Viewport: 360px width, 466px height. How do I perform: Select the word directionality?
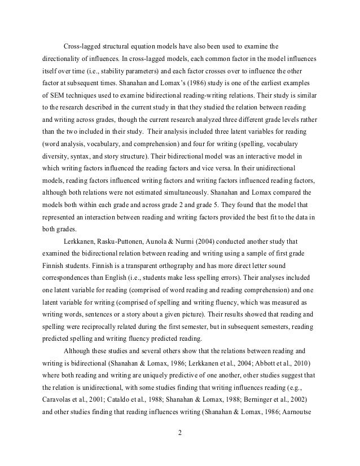(62, 59)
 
